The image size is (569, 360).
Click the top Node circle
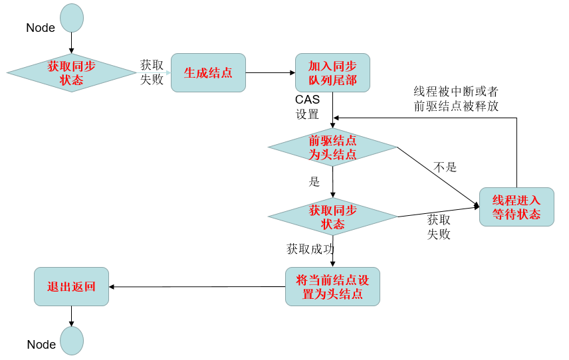(72, 18)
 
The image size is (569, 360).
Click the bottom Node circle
(72, 341)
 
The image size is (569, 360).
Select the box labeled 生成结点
(208, 73)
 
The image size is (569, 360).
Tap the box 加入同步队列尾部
(332, 73)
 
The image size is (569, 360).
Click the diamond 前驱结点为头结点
(332, 147)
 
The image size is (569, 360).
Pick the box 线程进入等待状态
(516, 207)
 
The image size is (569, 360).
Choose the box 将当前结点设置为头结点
(332, 286)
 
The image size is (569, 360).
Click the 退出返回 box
(71, 287)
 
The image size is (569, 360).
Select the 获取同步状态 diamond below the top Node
(71, 73)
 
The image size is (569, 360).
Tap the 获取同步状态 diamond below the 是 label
(332, 217)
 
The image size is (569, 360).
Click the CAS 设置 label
(308, 106)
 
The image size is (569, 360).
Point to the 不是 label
(445, 167)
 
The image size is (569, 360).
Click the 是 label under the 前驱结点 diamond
(314, 181)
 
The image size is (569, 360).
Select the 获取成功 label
(310, 249)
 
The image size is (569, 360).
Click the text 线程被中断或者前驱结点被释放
(456, 98)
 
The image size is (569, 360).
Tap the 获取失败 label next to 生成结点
(152, 72)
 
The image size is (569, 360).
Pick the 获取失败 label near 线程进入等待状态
(439, 226)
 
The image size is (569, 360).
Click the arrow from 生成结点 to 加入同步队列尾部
(270, 73)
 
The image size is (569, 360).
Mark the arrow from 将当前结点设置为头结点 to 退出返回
(197, 287)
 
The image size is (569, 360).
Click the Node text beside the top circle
(41, 28)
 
